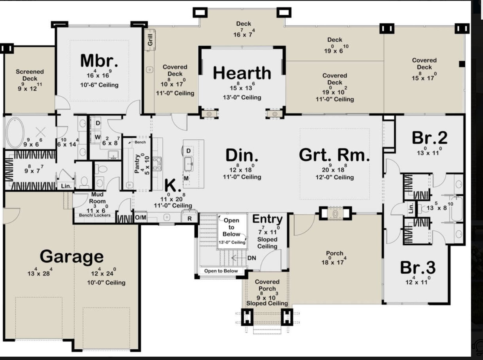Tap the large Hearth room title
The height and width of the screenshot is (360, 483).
pos(242,73)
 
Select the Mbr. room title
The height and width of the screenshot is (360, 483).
pos(99,60)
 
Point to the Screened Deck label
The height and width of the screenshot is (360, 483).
pos(30,75)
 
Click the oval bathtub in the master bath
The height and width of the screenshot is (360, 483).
pos(15,133)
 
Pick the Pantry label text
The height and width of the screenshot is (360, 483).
pos(137,164)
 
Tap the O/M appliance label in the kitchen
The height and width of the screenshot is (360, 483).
pos(141,217)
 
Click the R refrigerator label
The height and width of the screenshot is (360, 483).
pos(190,219)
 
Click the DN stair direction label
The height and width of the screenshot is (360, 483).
pos(252,258)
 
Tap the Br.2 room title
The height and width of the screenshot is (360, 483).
pos(430,138)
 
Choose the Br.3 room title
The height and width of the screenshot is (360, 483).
pos(418,268)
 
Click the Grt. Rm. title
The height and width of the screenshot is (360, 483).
pos(334,155)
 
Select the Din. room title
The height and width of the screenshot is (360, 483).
pos(242,155)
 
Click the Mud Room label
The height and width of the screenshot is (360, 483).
pos(97,198)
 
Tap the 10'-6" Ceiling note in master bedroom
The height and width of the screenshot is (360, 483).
pos(99,85)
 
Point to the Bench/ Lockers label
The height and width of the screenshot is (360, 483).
pos(95,215)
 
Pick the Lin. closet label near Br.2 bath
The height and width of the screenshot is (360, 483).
pos(411,208)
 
